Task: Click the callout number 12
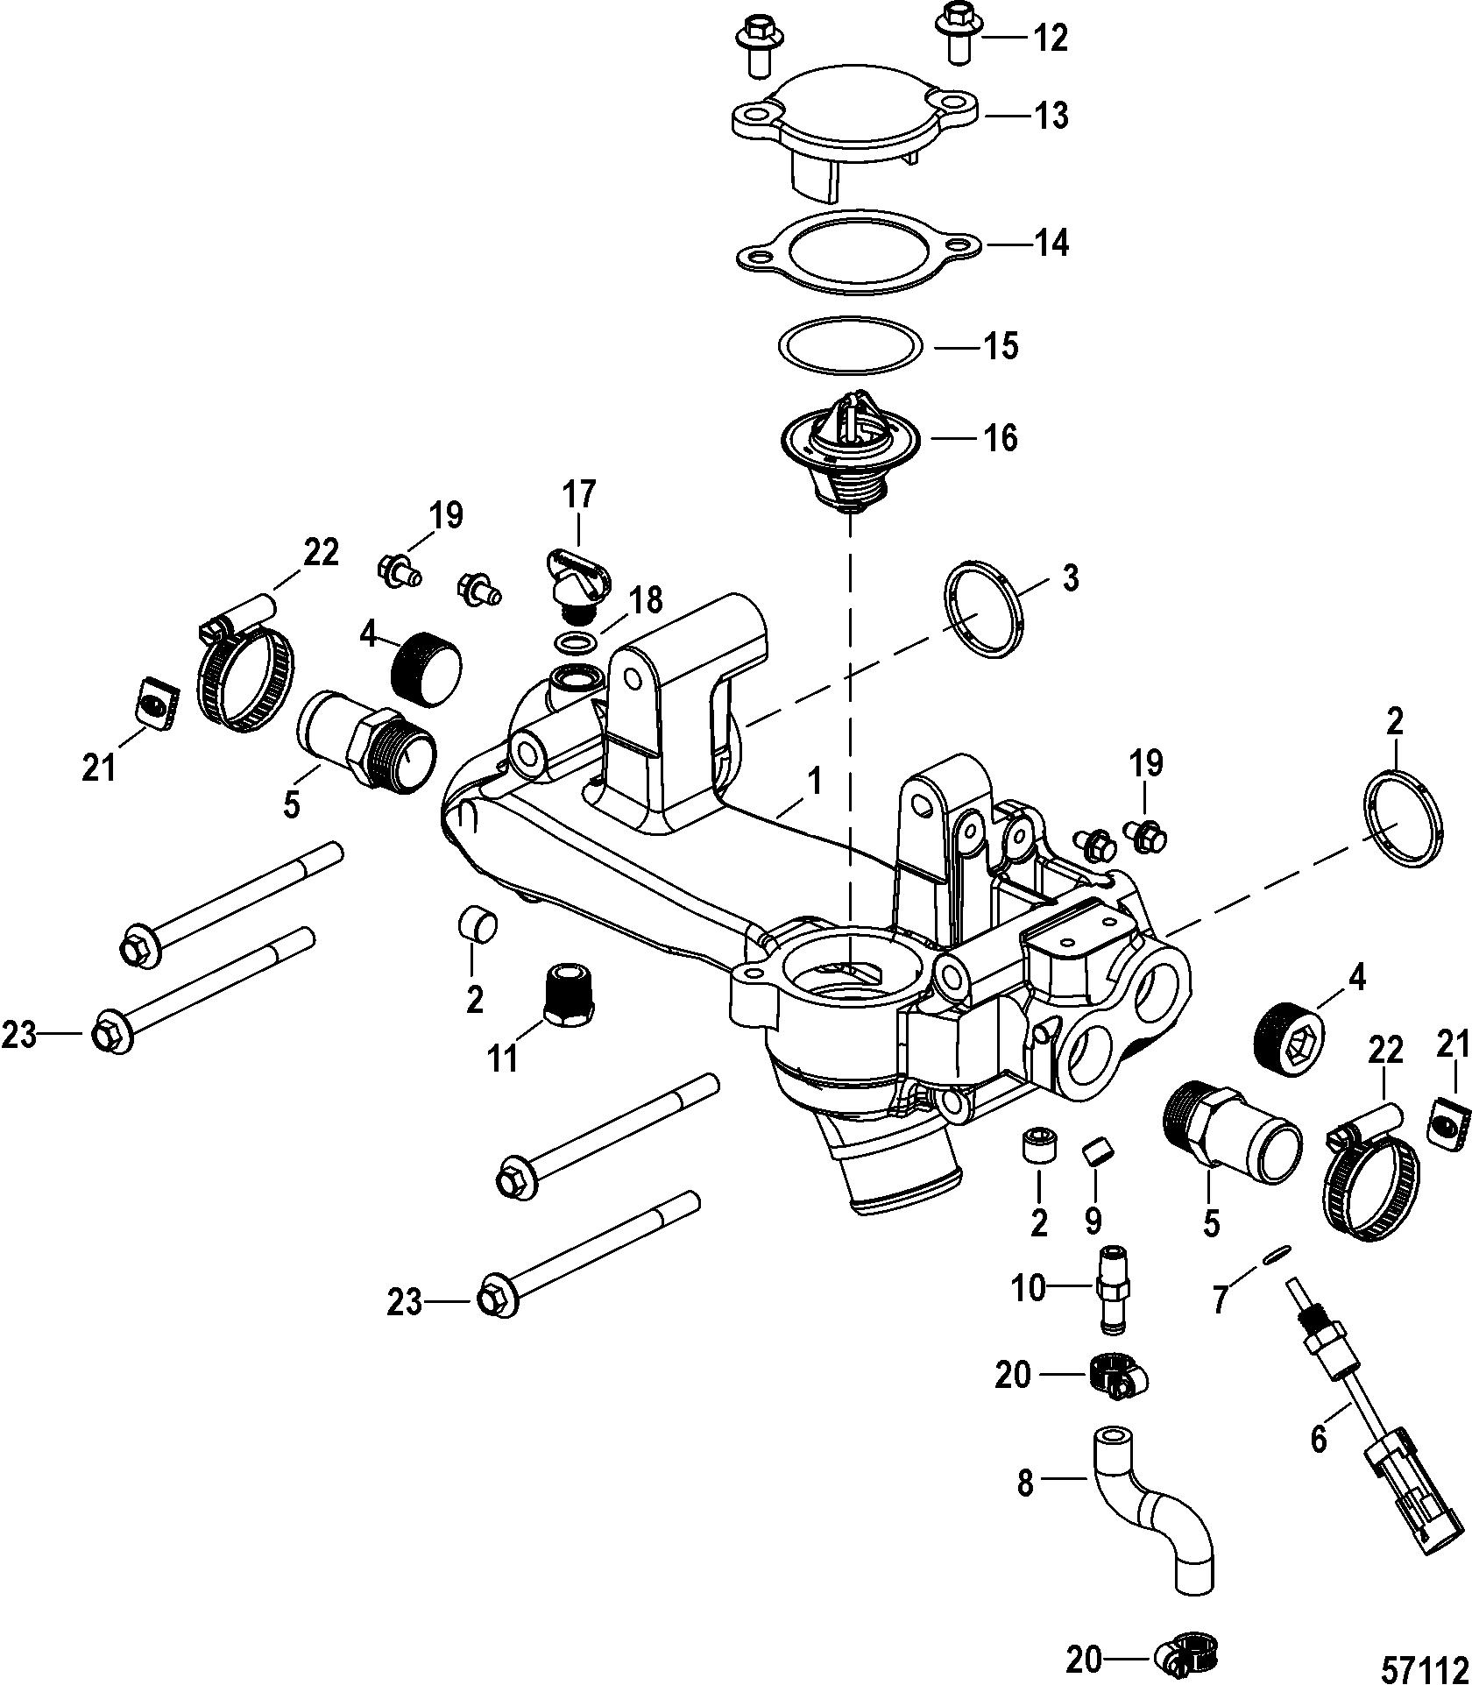1050,39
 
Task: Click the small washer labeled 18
573,644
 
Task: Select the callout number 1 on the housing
815,780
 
